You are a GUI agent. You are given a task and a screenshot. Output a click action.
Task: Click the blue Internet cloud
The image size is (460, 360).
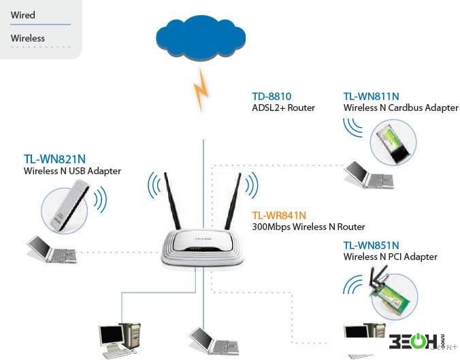coord(201,38)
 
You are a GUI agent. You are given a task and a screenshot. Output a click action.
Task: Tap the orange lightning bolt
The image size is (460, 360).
coord(201,89)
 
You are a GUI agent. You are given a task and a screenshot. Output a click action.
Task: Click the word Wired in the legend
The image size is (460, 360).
coord(23,15)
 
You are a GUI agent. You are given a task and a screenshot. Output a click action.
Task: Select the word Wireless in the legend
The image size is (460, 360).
coord(28,38)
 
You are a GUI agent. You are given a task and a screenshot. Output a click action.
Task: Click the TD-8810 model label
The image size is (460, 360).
coord(272,96)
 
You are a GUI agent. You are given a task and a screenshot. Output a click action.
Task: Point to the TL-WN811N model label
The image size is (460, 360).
coord(371,96)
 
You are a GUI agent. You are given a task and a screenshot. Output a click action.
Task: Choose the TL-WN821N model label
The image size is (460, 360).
coord(54,159)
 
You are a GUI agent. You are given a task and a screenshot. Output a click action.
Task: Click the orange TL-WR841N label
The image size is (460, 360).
coord(279,215)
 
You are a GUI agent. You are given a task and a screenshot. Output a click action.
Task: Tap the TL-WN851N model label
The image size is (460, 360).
coord(371,245)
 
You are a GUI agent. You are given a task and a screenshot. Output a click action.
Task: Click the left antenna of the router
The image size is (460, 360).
coord(172,201)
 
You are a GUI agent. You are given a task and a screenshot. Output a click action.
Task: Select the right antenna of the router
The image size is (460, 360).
coord(233,201)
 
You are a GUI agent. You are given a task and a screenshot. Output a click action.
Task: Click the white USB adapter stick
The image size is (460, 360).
coord(70,206)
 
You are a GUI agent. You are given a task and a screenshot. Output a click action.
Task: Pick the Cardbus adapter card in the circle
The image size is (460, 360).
coord(393,143)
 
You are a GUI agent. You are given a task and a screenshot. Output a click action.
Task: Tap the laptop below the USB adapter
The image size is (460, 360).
coord(52,249)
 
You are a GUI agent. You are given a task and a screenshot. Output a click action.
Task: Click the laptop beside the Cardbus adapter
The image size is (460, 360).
coord(369,175)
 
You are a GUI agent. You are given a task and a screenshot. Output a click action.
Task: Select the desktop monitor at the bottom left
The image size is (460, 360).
coord(111,336)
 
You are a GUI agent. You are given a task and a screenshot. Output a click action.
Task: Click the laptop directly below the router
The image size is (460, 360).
coord(214,341)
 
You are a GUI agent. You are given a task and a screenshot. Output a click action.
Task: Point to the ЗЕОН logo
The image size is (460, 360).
coord(416,341)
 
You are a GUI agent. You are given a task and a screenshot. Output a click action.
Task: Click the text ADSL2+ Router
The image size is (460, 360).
coord(283,108)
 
